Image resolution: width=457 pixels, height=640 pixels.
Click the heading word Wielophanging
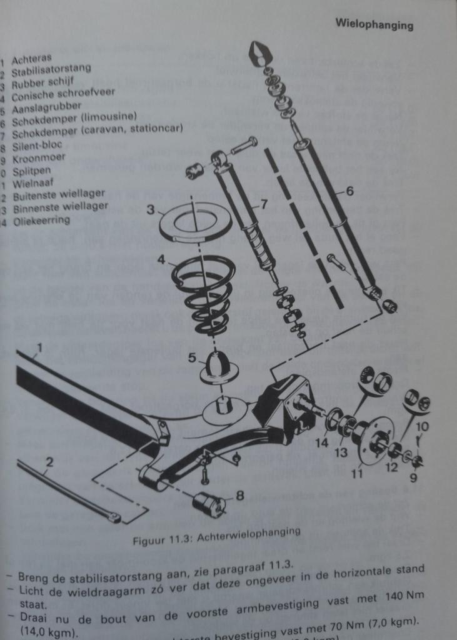[374, 26]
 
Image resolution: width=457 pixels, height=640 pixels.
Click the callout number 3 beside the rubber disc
[151, 209]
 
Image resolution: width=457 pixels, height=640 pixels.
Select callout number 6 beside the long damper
[349, 192]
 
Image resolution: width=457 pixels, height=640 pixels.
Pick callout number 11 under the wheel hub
[357, 473]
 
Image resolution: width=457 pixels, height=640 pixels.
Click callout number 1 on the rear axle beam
[39, 347]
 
